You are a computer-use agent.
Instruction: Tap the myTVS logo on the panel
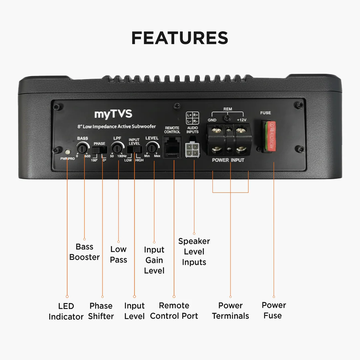coord(113,114)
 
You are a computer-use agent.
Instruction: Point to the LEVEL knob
coord(152,147)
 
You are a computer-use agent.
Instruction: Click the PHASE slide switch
coord(99,151)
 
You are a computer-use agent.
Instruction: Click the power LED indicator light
coord(67,152)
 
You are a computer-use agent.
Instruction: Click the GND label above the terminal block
coord(212,120)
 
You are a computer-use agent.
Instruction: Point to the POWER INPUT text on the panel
coord(228,160)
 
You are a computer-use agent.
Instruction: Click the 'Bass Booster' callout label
coord(84,252)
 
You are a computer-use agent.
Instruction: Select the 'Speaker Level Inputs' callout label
coord(194,252)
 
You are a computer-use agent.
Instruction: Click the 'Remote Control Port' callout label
coord(174,311)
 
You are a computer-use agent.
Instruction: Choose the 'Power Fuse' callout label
coord(273,310)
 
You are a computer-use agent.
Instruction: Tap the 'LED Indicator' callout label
coord(66,311)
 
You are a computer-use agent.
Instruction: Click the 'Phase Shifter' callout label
coord(101,311)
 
